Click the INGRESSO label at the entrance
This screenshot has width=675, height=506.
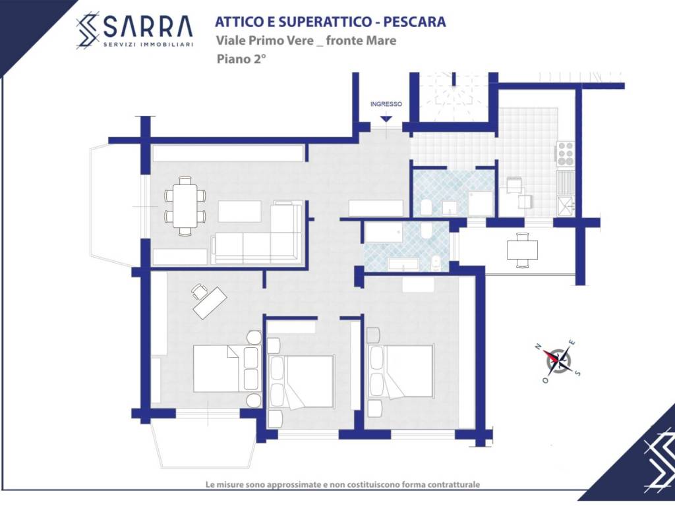click(386, 104)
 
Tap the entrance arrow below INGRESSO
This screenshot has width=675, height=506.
click(386, 119)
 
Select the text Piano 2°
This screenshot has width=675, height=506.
click(241, 59)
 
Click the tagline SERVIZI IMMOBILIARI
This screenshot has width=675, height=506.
click(148, 44)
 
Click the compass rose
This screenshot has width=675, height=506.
click(560, 360)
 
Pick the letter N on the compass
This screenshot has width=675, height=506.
click(537, 347)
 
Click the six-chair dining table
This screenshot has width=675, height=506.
click(185, 206)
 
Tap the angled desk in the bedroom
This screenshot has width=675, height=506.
click(210, 303)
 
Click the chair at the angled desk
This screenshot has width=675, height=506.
click(199, 291)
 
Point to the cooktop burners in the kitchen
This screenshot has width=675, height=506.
click(565, 154)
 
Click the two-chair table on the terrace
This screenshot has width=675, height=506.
click(522, 250)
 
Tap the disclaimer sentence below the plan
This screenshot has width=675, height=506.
click(343, 484)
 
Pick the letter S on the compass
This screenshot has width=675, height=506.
click(578, 373)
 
